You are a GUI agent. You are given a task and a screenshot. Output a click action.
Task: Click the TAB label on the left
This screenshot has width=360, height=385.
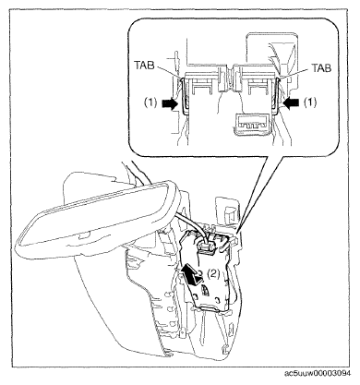144,66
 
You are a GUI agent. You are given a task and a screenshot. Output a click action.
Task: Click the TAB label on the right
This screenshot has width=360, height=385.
321,68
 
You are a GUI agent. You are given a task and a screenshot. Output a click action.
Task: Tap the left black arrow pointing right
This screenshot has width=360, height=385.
170,104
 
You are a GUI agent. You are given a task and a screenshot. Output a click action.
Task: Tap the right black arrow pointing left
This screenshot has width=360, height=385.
291,102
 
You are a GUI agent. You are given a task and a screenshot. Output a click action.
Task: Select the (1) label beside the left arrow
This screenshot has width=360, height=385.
151,103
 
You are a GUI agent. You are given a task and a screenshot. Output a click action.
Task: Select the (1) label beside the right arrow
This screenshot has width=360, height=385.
310,102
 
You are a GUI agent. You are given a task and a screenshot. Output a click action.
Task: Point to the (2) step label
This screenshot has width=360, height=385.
213,273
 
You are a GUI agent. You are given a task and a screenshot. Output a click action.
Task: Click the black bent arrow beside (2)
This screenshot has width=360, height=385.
192,275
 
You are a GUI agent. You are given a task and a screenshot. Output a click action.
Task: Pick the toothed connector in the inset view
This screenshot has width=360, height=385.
252,125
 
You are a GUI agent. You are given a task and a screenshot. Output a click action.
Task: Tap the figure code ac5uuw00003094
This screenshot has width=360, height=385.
318,373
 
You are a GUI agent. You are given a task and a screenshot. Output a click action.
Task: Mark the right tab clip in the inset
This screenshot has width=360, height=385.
276,94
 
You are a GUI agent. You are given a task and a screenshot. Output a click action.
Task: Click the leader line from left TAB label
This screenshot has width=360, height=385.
168,73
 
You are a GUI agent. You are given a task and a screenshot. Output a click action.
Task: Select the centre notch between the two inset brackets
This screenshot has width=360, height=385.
229,79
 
